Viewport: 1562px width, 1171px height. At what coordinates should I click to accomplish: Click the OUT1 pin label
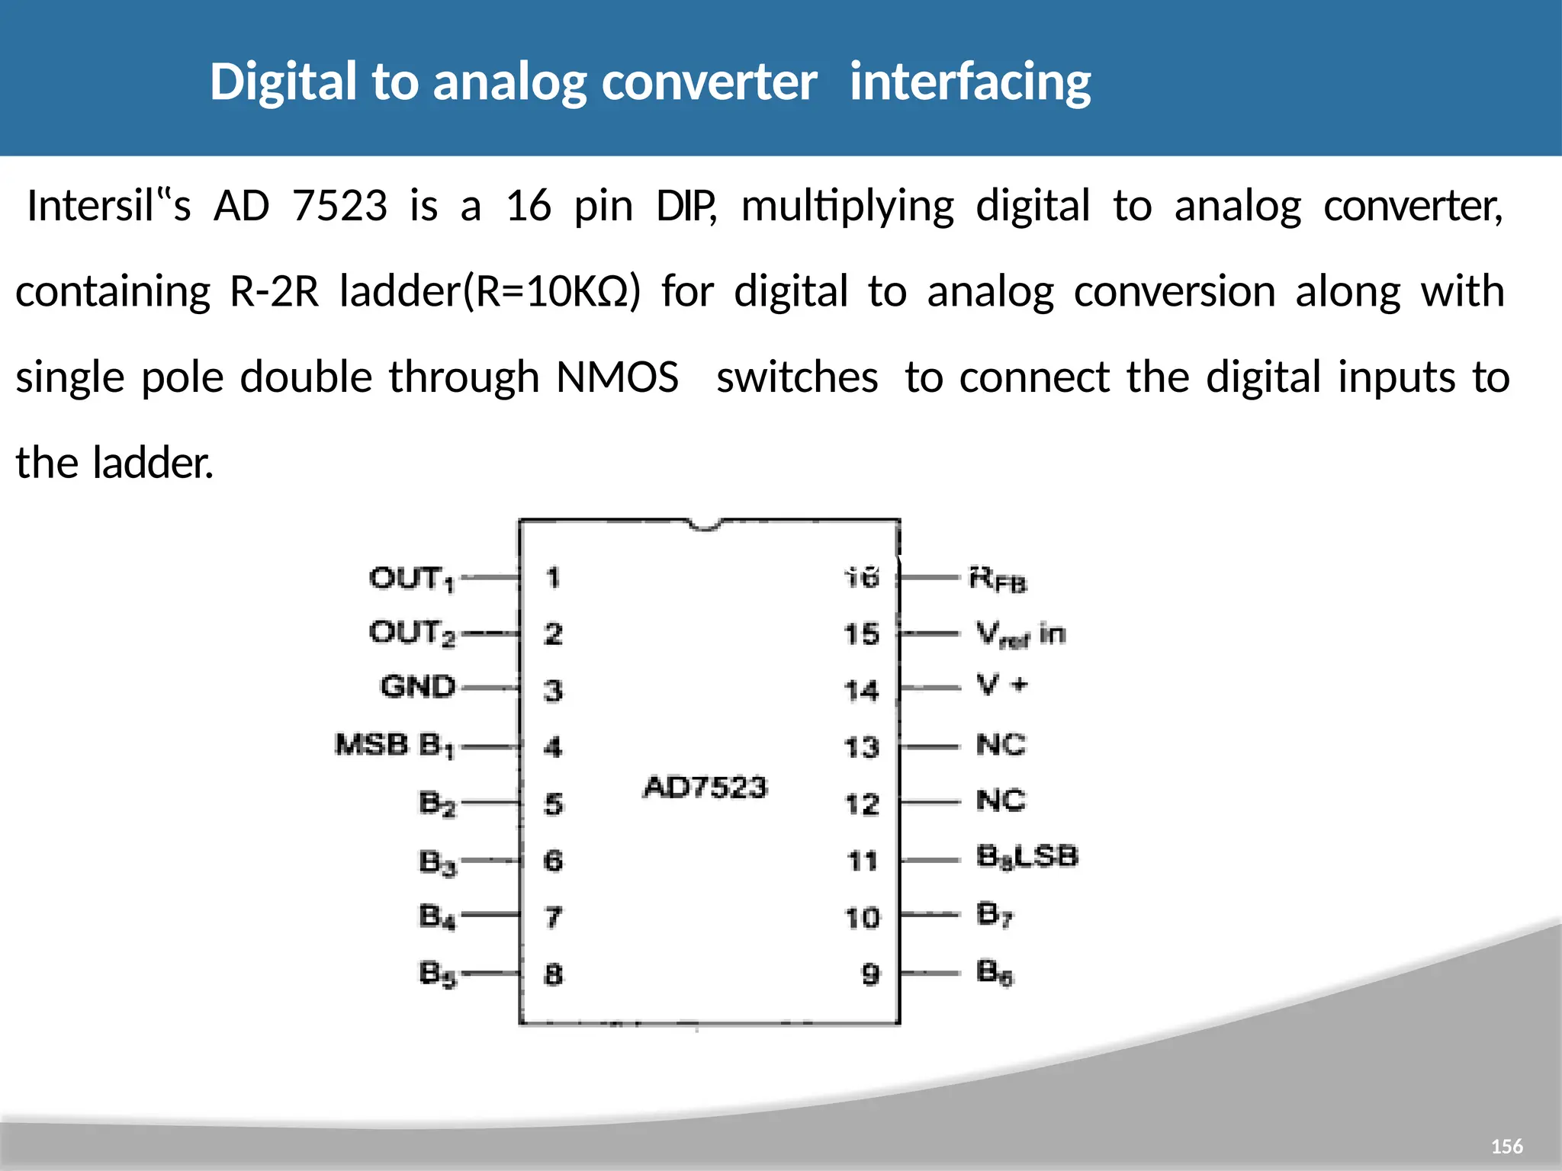412,579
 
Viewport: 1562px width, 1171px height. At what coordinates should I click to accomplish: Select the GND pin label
418,687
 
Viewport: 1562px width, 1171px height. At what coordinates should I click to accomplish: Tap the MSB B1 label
394,745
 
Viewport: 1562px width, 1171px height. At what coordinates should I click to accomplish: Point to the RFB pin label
998,579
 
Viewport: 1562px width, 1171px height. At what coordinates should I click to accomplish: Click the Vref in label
1020,634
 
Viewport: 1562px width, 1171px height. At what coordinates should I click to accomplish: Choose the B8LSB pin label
1027,857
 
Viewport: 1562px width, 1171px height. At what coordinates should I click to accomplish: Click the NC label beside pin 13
1001,745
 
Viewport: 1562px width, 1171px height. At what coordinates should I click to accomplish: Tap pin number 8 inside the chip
554,974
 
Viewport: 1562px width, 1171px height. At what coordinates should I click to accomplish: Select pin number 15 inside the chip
862,634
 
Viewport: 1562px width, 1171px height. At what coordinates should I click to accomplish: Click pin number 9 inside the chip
870,974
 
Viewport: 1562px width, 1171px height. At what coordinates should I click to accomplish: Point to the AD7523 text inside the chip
705,787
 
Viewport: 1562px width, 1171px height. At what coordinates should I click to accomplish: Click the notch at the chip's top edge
705,525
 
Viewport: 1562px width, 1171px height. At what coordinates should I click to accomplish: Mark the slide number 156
1506,1147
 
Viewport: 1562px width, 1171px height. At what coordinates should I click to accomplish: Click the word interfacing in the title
970,82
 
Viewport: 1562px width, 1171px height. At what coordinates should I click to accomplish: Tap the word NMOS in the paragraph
617,377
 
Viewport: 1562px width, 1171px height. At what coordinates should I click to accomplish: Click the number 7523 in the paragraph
340,206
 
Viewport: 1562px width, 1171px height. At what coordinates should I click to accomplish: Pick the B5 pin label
438,974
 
